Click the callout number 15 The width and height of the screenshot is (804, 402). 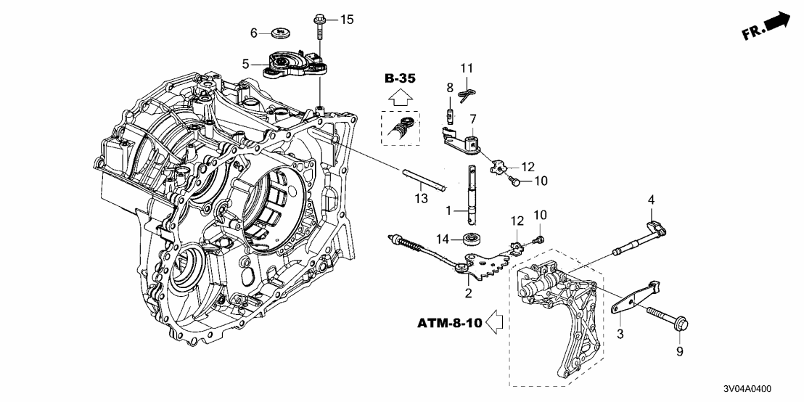tap(347, 19)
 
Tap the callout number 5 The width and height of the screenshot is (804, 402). tap(246, 64)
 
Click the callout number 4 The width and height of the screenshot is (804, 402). tap(651, 199)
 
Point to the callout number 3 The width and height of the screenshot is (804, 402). tap(620, 334)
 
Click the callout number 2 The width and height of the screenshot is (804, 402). tap(469, 293)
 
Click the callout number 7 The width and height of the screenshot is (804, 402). tap(472, 118)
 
